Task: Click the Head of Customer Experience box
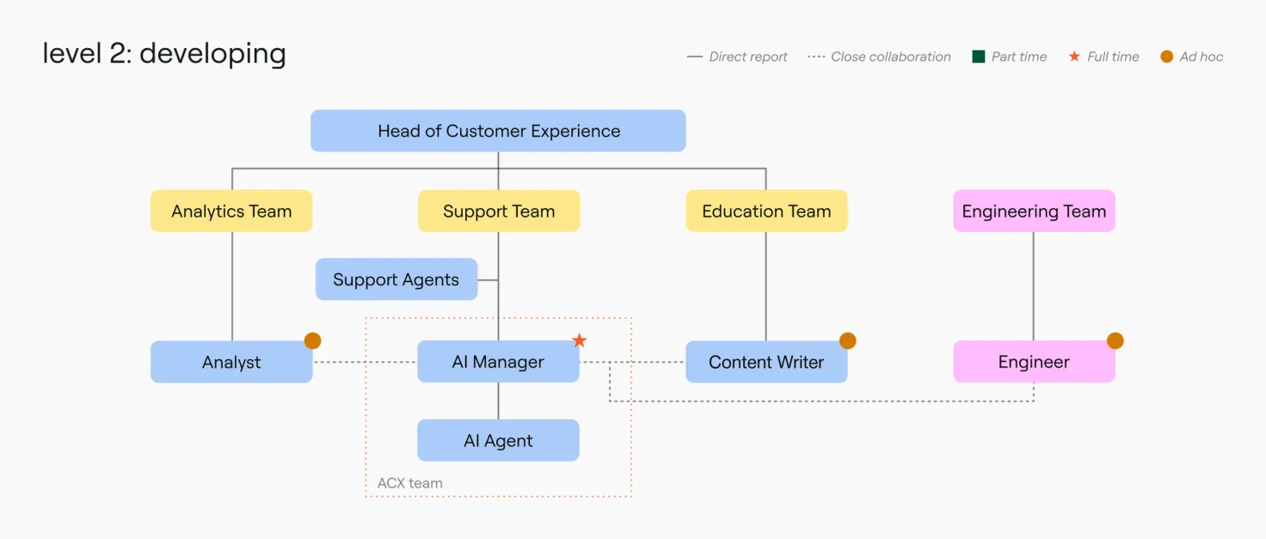(498, 131)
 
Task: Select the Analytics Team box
(231, 211)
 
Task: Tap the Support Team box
(499, 211)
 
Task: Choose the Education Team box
(766, 211)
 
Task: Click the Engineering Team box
(1034, 211)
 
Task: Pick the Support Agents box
(396, 279)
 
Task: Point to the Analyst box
(231, 362)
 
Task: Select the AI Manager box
(498, 361)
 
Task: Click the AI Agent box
(498, 440)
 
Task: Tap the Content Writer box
(766, 362)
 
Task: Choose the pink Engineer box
(1034, 361)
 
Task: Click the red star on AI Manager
(580, 340)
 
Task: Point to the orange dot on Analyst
(312, 340)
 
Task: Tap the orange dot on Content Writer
(848, 340)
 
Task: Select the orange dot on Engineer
(1115, 340)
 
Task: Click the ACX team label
(409, 483)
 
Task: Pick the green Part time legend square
(979, 57)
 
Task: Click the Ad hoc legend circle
(1166, 57)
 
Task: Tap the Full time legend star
(1074, 57)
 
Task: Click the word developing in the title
(212, 55)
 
